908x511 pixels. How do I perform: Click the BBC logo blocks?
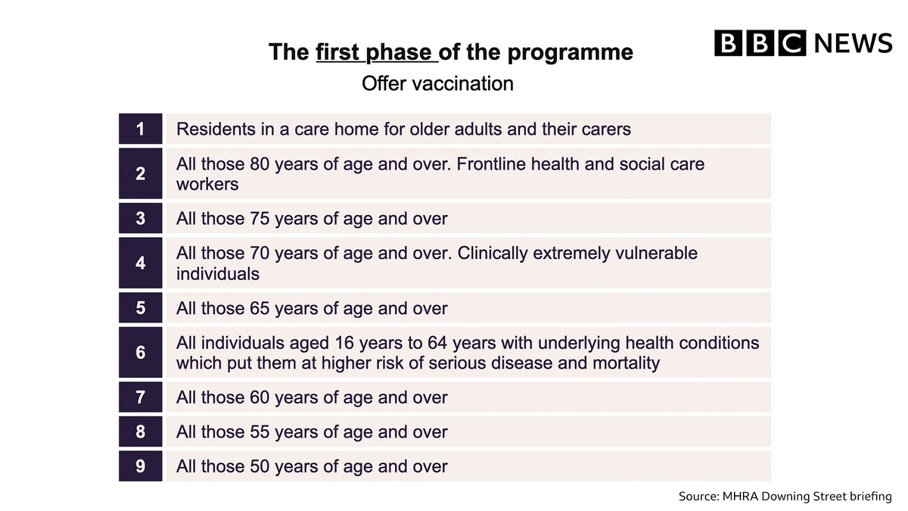click(760, 42)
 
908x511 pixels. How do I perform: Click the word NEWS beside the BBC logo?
click(853, 42)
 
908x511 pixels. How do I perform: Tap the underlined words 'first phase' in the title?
click(376, 53)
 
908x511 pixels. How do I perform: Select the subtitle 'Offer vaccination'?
click(437, 83)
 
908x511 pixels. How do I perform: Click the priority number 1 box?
click(141, 129)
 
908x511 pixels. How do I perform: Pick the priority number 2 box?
click(141, 173)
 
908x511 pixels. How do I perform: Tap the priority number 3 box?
click(141, 219)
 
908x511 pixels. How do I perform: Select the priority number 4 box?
click(141, 263)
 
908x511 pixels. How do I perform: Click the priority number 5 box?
click(141, 308)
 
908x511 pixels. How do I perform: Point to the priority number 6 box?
click(141, 352)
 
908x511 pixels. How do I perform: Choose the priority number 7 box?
click(141, 397)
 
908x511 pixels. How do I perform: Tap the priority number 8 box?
click(141, 432)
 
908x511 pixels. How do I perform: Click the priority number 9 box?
click(141, 466)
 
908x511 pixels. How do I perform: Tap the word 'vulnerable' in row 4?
click(655, 253)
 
